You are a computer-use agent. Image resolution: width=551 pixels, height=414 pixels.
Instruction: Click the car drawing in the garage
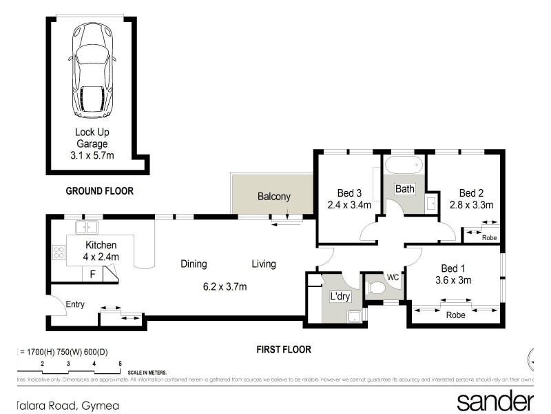click(92, 71)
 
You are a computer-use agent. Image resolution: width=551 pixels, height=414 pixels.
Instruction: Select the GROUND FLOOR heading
click(99, 190)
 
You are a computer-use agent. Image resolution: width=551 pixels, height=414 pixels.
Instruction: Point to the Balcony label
click(274, 197)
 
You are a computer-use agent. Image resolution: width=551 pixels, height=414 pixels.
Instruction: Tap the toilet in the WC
click(375, 288)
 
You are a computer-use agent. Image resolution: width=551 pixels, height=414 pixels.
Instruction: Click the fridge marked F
click(92, 275)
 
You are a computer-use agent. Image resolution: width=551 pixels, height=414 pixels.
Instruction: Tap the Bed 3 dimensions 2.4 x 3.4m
click(349, 205)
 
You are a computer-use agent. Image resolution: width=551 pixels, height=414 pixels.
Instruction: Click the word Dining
click(194, 264)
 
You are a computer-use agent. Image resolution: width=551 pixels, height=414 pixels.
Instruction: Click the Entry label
click(75, 304)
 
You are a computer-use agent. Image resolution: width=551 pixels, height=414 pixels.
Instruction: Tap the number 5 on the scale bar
click(120, 363)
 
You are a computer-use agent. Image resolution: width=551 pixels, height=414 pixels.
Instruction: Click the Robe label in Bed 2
click(489, 238)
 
